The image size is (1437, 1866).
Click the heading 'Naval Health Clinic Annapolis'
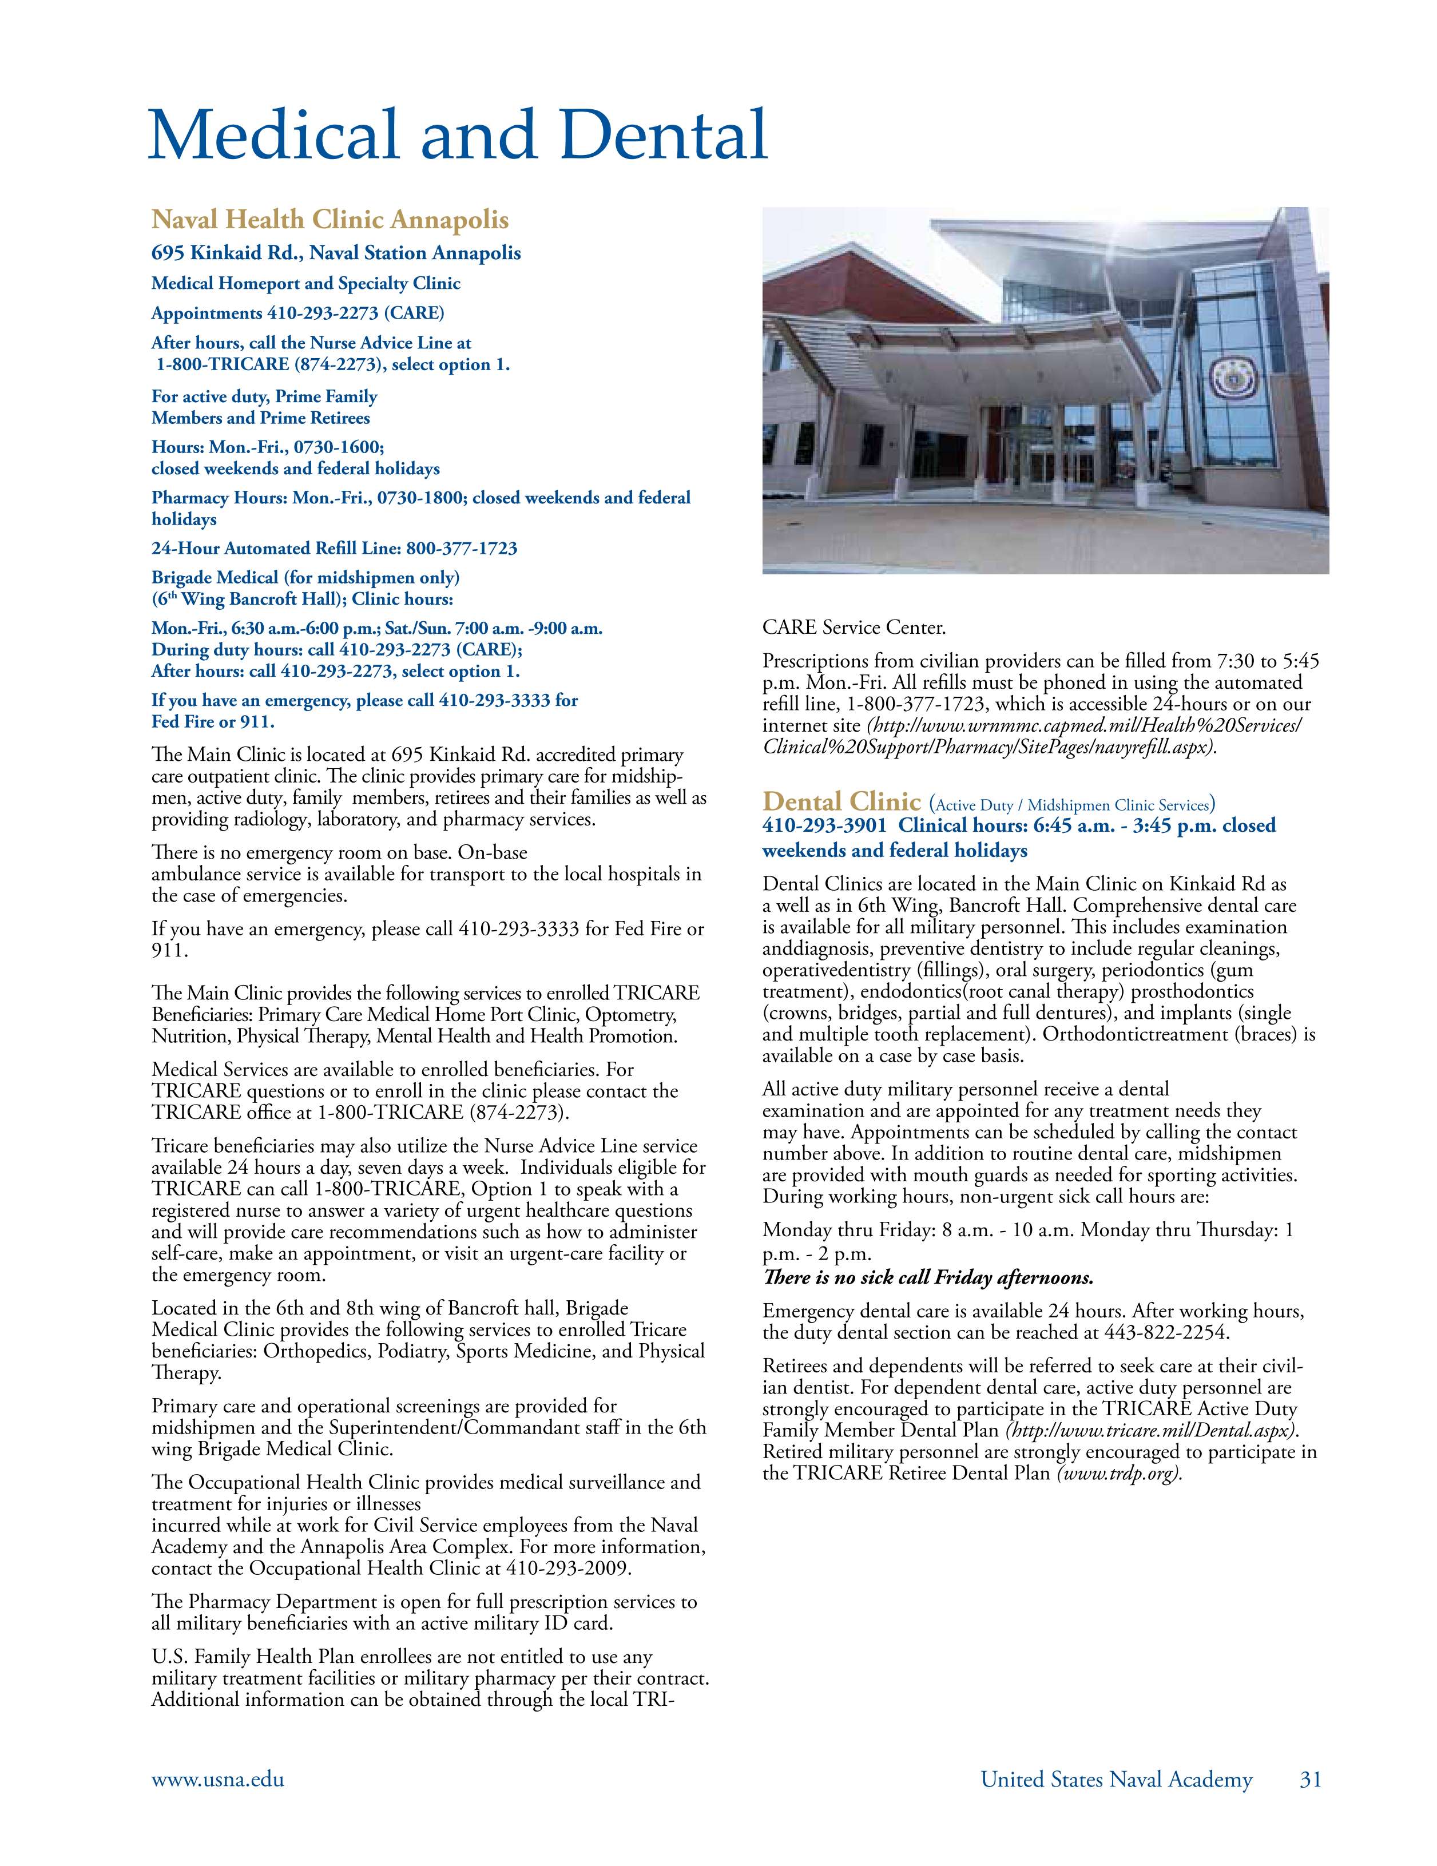(330, 220)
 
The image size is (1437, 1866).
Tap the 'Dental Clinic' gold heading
(841, 801)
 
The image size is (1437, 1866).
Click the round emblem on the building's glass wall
(1228, 376)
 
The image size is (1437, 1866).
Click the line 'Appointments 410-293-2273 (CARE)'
(297, 313)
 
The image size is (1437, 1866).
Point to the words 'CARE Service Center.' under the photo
(854, 628)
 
